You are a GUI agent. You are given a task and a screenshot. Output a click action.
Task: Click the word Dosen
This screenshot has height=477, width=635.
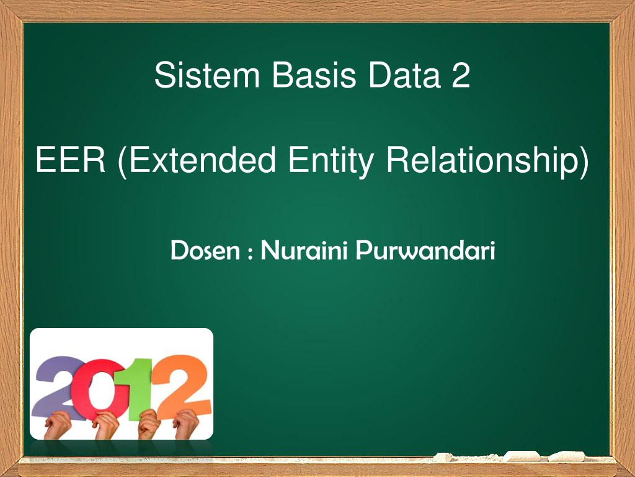205,251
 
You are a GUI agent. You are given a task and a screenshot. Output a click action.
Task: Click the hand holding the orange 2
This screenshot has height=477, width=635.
185,424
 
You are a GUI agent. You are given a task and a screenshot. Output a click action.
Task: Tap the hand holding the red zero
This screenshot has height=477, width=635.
105,425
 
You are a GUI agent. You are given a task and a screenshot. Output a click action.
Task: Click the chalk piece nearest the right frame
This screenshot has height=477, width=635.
567,457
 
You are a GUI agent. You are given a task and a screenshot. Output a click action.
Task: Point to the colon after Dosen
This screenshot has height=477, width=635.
250,253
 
